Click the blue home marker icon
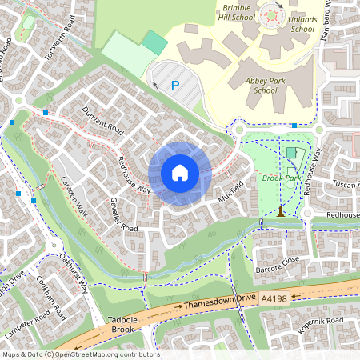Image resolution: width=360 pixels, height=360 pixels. tap(179, 173)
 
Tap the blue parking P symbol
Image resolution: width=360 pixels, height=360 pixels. tap(174, 85)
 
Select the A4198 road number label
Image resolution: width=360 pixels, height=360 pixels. tap(274, 298)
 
